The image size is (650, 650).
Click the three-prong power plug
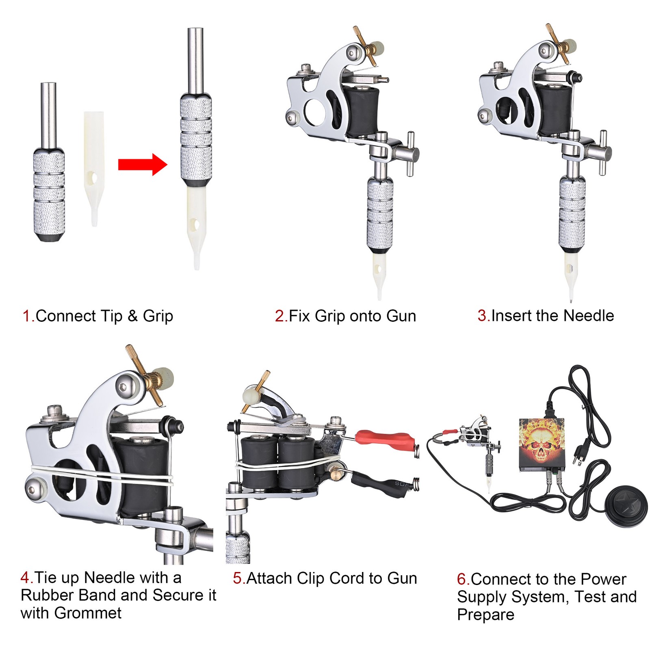[579, 455]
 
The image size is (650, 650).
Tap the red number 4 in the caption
[25, 577]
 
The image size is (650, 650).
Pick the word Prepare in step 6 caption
[485, 615]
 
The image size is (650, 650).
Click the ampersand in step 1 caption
[133, 316]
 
